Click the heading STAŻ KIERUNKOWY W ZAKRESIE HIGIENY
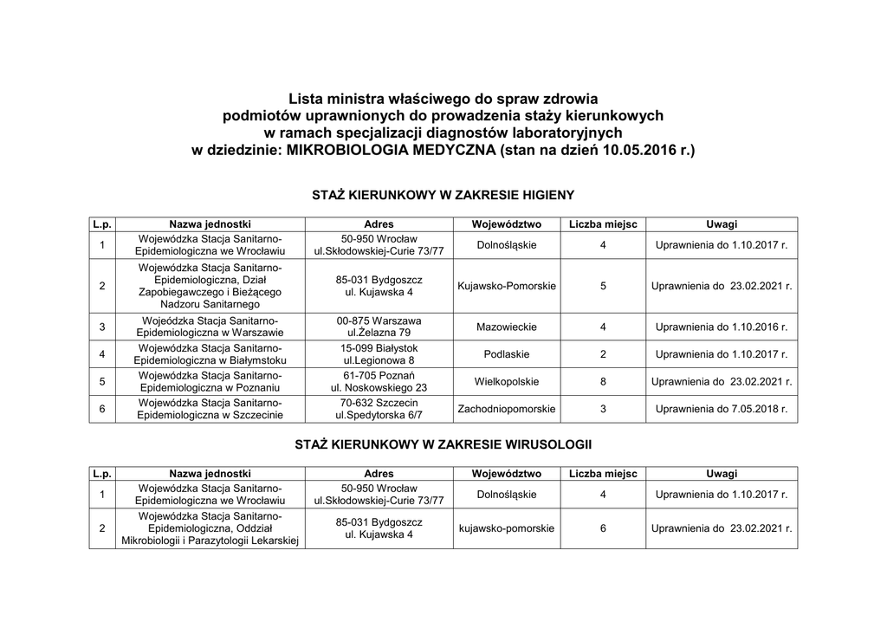pyautogui.click(x=443, y=196)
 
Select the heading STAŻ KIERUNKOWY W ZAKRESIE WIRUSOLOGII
pyautogui.click(x=443, y=444)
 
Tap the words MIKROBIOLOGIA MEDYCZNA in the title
pyautogui.click(x=392, y=150)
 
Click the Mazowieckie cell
pyautogui.click(x=506, y=327)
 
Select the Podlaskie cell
pyautogui.click(x=506, y=354)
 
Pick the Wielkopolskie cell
pyautogui.click(x=506, y=382)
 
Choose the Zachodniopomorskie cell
pyautogui.click(x=506, y=409)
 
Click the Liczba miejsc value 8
pyautogui.click(x=603, y=382)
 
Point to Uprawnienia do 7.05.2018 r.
pyautogui.click(x=722, y=409)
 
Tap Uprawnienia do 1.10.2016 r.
pyautogui.click(x=722, y=327)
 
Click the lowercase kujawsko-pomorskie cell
pyautogui.click(x=506, y=528)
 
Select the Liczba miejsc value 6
pyautogui.click(x=603, y=528)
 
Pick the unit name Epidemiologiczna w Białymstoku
pyautogui.click(x=210, y=360)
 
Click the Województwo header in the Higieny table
pyautogui.click(x=506, y=224)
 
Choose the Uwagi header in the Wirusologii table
pyautogui.click(x=722, y=474)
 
